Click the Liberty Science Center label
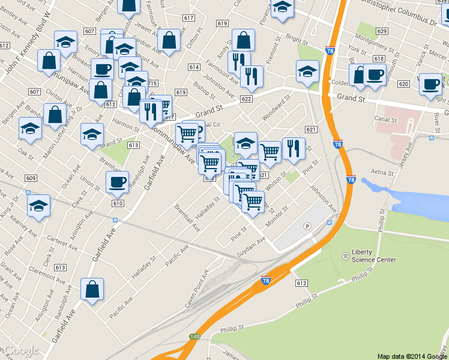coord(374,256)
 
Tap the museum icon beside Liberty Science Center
coord(346,256)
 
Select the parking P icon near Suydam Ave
coord(308,226)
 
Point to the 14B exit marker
coord(194,337)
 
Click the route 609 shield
coord(31,178)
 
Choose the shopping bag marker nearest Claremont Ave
coord(93,290)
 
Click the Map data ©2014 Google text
coord(412,356)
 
